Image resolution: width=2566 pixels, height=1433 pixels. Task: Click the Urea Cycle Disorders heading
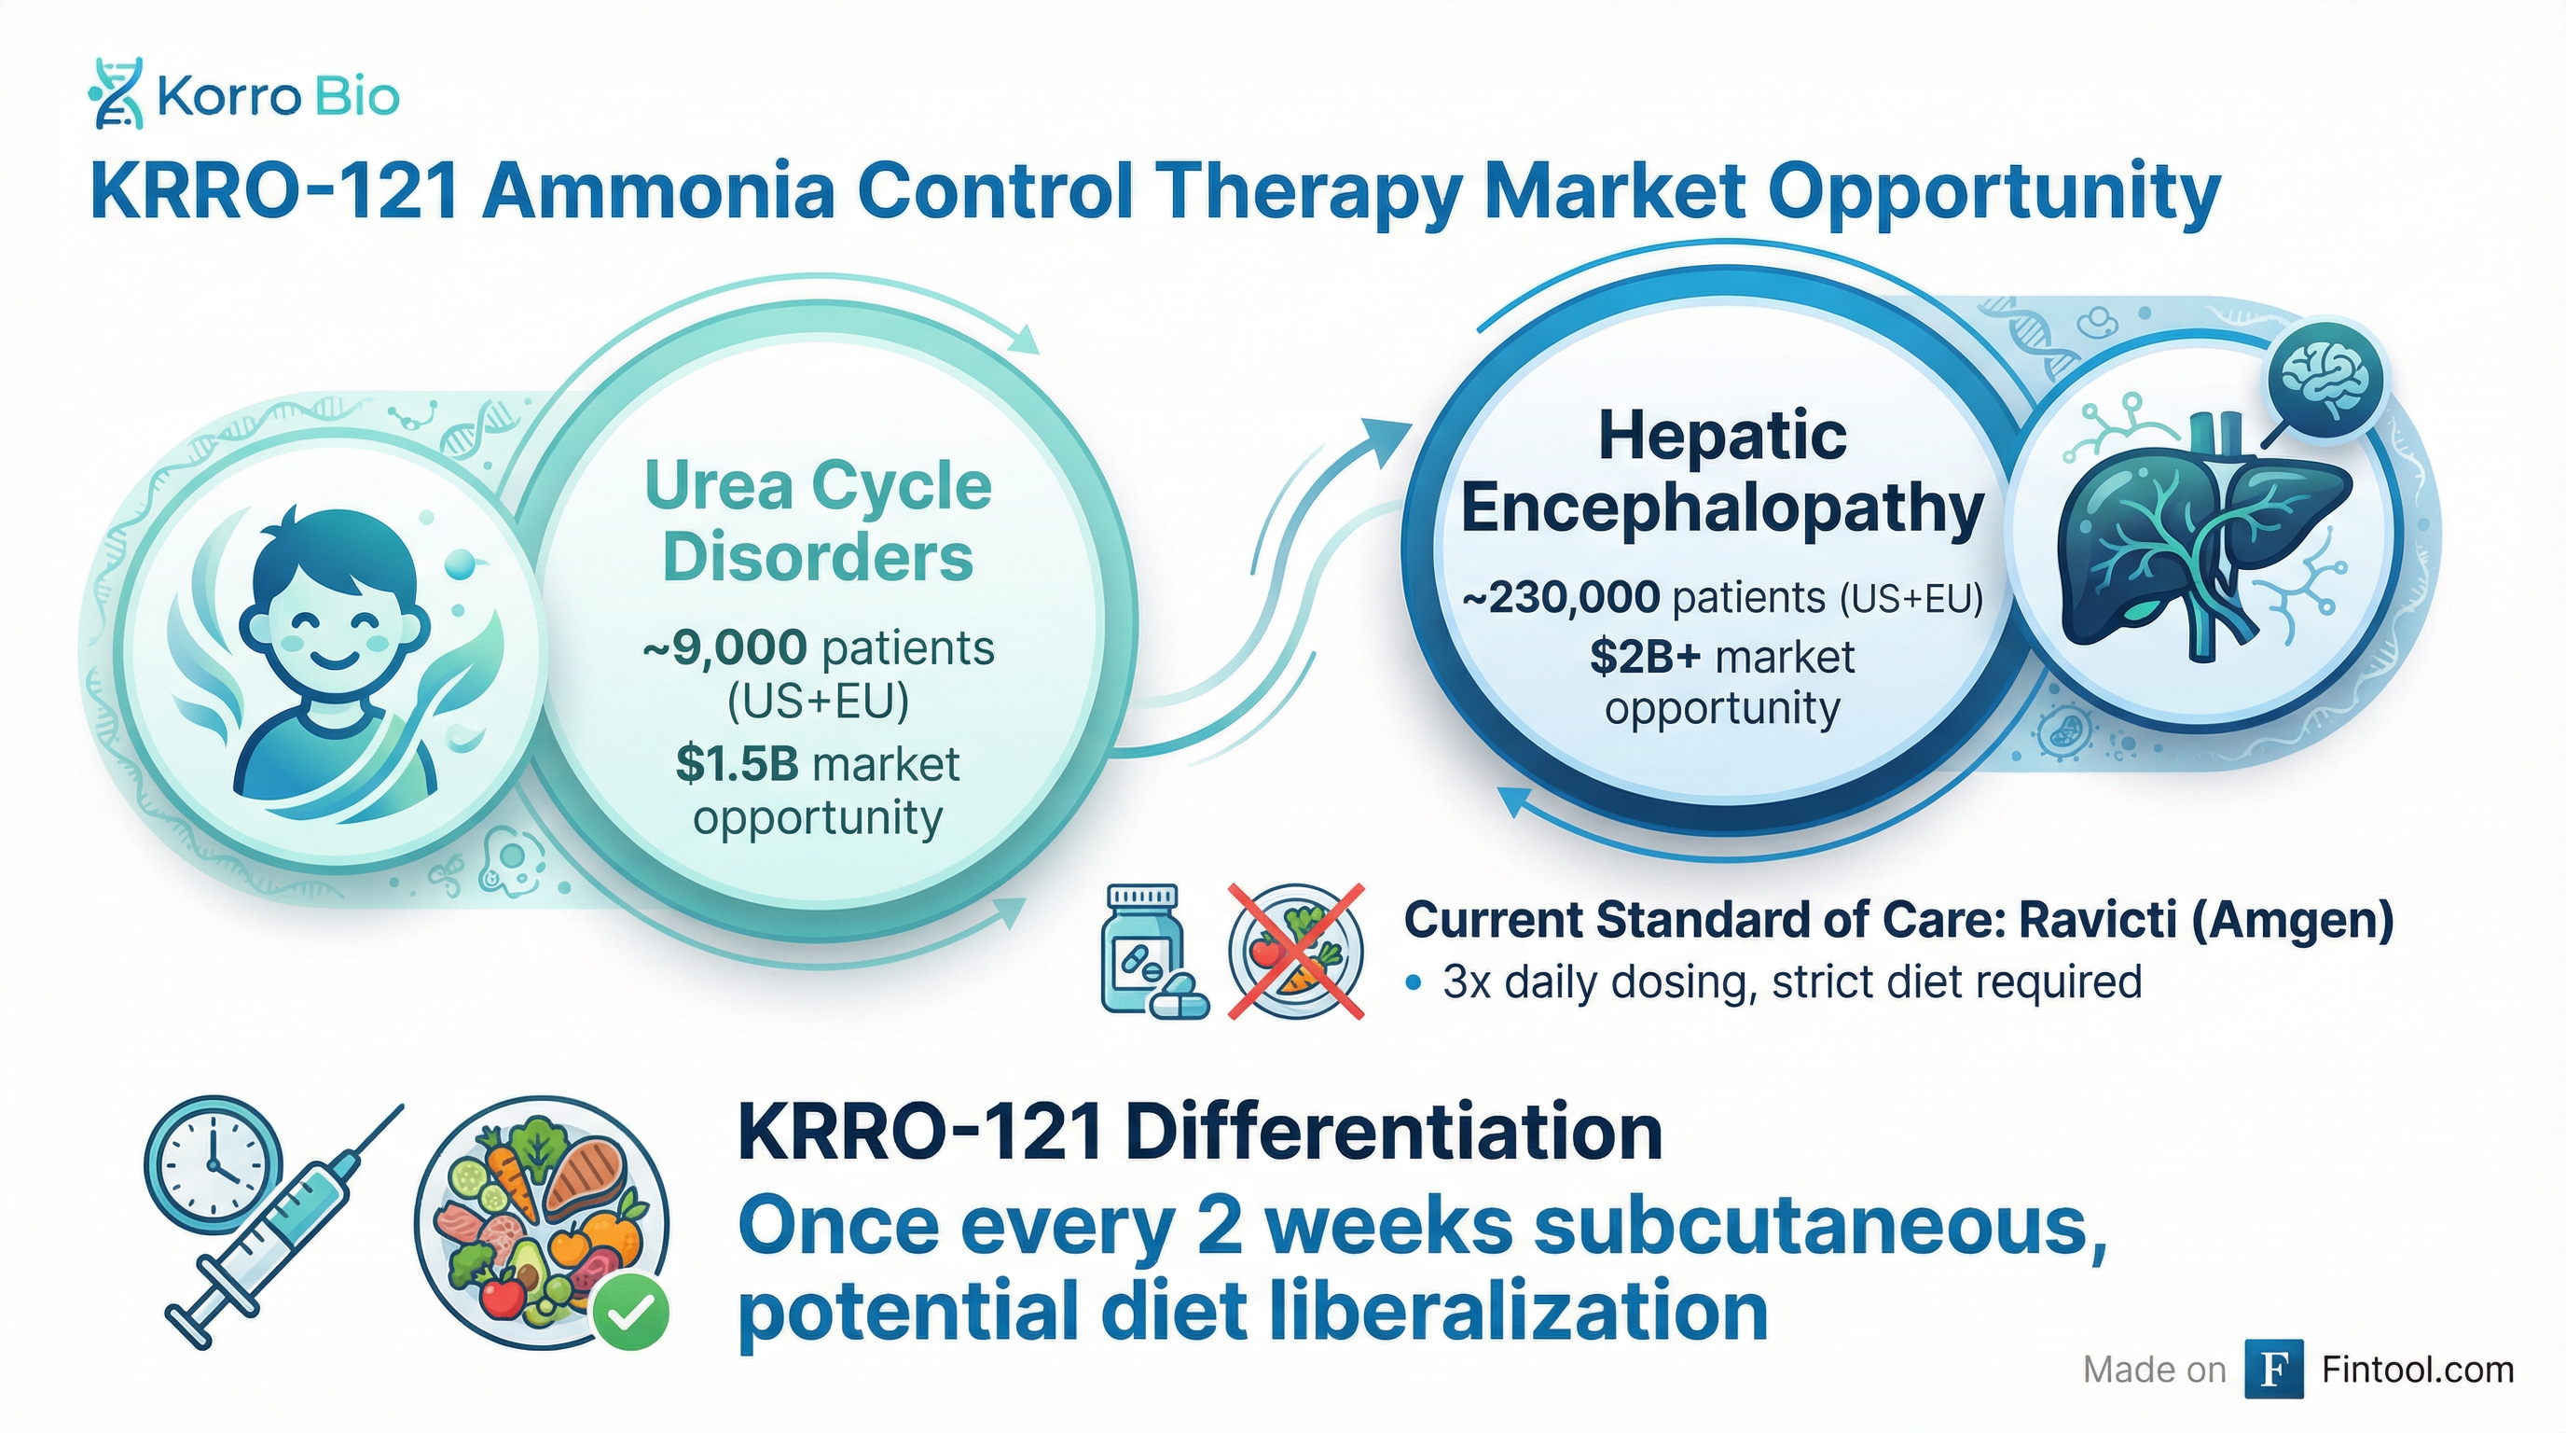point(818,521)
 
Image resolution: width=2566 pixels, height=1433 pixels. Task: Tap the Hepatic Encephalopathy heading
point(1722,472)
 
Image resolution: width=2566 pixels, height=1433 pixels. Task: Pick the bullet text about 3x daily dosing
point(1792,981)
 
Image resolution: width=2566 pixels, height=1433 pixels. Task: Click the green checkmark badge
point(629,1315)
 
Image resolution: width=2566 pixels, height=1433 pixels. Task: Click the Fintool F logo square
point(2273,1370)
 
